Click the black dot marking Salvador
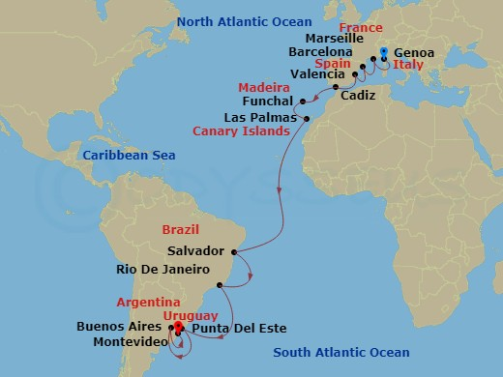pyautogui.click(x=233, y=250)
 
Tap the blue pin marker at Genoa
pyautogui.click(x=384, y=54)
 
